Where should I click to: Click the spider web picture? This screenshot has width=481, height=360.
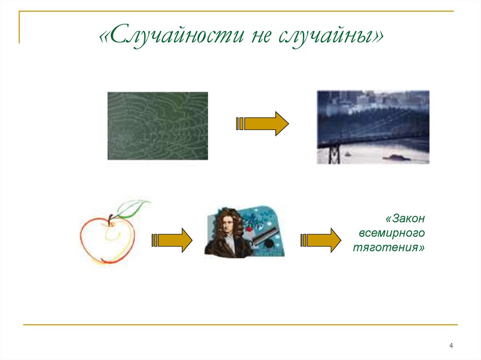click(x=157, y=126)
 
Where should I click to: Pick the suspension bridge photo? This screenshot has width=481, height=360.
click(x=373, y=127)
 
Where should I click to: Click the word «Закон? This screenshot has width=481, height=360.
click(x=404, y=218)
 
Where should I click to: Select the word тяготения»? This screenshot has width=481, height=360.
click(x=389, y=247)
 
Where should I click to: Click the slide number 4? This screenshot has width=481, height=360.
click(x=451, y=346)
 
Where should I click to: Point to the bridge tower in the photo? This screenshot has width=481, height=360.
click(x=334, y=153)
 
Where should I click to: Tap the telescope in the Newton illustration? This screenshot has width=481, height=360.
click(x=266, y=235)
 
